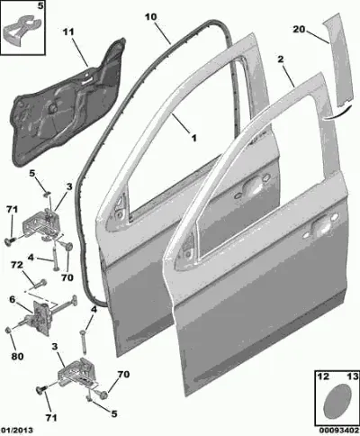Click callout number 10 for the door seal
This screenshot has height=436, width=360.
click(x=151, y=17)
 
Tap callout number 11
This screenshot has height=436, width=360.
click(x=68, y=32)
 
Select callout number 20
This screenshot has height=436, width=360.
click(x=299, y=30)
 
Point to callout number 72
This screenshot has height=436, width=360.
click(x=17, y=265)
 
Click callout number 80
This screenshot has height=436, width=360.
click(x=17, y=357)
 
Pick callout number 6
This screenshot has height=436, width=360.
click(x=12, y=299)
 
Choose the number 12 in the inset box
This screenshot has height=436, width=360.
click(x=323, y=376)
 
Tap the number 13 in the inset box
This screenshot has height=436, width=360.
click(x=353, y=376)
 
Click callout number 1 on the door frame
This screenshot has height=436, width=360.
click(x=194, y=138)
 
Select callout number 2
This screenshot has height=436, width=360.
click(x=280, y=59)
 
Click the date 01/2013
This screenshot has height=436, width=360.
click(x=17, y=431)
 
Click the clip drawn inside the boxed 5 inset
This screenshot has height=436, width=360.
click(x=22, y=29)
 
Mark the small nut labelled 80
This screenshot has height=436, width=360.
click(x=8, y=331)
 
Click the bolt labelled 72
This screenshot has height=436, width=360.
click(x=40, y=284)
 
